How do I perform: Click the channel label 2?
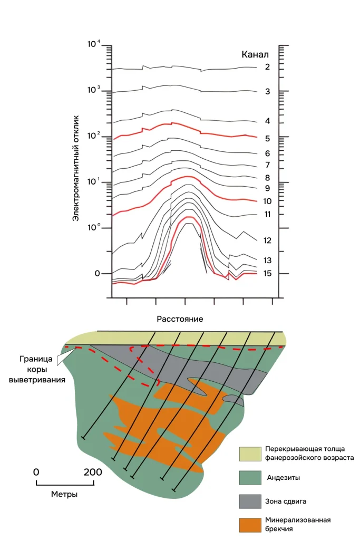(267, 67)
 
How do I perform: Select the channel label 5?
(267, 139)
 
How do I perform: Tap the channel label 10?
(267, 201)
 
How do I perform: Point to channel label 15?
(267, 274)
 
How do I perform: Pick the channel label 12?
(267, 240)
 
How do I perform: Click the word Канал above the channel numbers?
(255, 54)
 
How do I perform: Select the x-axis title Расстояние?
(180, 319)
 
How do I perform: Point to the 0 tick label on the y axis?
(97, 274)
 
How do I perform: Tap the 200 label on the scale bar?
(93, 472)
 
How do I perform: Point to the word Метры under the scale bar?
(65, 494)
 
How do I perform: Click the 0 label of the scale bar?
(36, 472)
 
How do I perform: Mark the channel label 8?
(267, 178)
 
